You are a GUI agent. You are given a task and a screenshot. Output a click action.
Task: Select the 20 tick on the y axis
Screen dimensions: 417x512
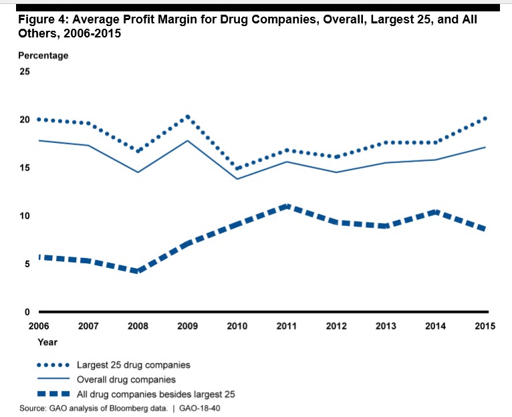point(25,120)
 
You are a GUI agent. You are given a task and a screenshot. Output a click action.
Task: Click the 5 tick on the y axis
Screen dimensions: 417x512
point(27,264)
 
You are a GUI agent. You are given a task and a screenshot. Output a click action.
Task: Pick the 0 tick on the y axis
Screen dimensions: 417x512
point(27,312)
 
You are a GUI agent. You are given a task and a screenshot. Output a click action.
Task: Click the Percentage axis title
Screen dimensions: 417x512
point(43,55)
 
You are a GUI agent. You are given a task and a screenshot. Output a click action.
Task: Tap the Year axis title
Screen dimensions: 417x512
point(47,342)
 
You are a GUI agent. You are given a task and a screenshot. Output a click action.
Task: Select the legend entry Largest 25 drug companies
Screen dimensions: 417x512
point(134,365)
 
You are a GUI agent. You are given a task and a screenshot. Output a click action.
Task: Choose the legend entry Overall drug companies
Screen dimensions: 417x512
point(127,379)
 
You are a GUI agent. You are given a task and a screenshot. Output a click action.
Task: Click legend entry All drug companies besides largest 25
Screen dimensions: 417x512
point(156,393)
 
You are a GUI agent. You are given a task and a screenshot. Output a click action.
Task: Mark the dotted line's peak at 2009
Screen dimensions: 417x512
point(188,117)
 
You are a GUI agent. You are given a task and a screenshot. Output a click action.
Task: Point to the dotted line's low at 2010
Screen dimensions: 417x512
point(237,168)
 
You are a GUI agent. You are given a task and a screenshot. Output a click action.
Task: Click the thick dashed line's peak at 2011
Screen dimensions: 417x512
point(287,206)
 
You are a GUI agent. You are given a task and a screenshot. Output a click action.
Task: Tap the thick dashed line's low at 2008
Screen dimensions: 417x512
point(138,271)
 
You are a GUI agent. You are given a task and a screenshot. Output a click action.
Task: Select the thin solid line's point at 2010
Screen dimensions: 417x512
point(237,178)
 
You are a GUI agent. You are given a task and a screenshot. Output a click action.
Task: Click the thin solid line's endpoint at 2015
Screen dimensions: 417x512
point(485,147)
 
